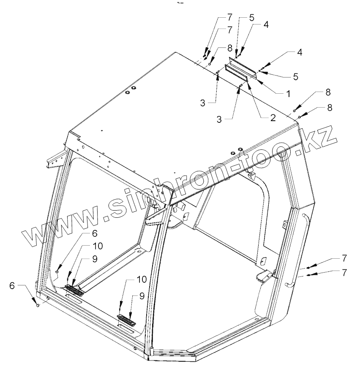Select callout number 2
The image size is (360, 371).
click(x=273, y=118)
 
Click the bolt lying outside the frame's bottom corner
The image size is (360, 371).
click(x=38, y=305)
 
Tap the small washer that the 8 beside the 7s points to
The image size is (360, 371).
click(x=210, y=64)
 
